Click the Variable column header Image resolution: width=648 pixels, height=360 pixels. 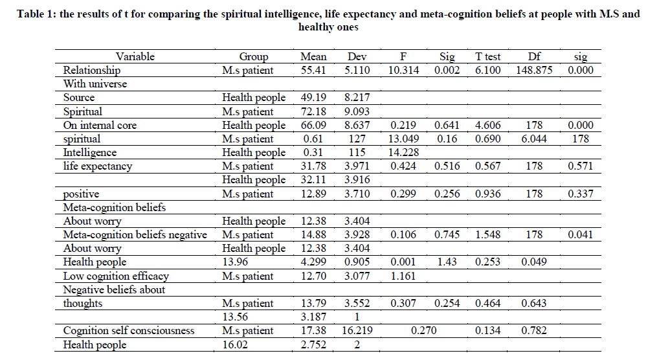point(135,56)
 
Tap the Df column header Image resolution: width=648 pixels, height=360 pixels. point(534,56)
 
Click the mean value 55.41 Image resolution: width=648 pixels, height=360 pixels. point(313,70)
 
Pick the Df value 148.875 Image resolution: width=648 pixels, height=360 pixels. point(534,70)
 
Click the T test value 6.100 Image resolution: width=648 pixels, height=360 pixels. point(488,70)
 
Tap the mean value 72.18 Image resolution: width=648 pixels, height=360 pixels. point(313,111)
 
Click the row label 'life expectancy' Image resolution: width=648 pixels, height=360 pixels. point(98,166)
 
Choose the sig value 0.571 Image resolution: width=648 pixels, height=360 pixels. point(580,166)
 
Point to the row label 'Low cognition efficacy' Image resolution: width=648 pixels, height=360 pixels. point(116,276)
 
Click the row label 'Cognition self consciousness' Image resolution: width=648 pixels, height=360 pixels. point(129,331)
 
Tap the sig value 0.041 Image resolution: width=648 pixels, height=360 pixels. point(580,235)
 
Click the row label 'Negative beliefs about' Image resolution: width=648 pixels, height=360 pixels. point(115,289)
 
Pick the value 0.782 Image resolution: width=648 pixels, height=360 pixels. point(534,331)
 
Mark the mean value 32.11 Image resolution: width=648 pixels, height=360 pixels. point(313,180)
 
